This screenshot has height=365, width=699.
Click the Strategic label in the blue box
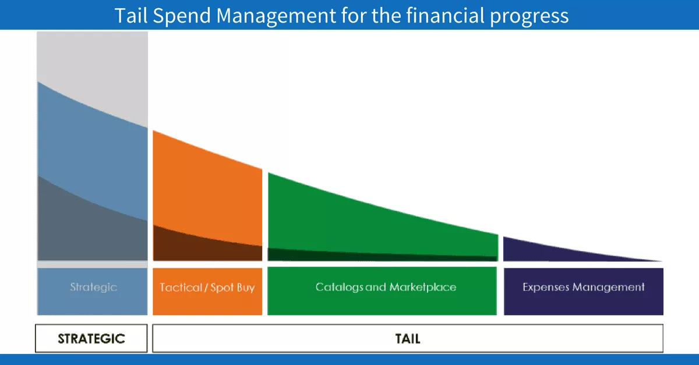pyautogui.click(x=93, y=287)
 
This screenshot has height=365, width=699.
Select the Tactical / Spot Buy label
pyautogui.click(x=207, y=288)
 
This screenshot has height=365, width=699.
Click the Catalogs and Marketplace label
pyautogui.click(x=386, y=287)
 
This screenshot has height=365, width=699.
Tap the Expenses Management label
pyautogui.click(x=584, y=287)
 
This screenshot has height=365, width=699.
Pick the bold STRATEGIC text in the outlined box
pyautogui.click(x=91, y=338)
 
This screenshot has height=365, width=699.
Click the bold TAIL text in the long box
pyautogui.click(x=408, y=338)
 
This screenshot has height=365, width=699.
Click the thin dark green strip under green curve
pyautogui.click(x=349, y=254)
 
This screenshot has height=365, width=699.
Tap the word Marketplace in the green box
pyautogui.click(x=423, y=287)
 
